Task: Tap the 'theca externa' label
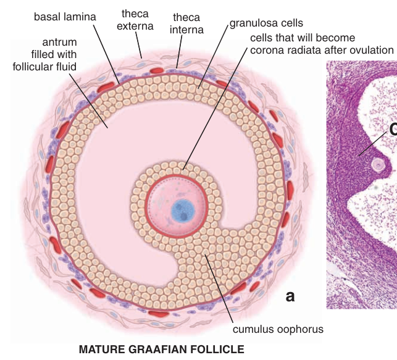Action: tap(135, 19)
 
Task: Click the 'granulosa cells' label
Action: tap(267, 23)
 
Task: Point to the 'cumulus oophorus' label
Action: tap(277, 329)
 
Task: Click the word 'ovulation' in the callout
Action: tap(370, 49)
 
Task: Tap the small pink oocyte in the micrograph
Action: tap(377, 164)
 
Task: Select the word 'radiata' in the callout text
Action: tap(303, 49)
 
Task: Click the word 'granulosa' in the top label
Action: tap(253, 23)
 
